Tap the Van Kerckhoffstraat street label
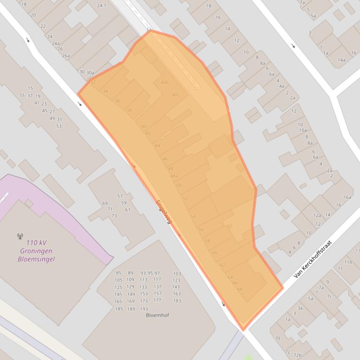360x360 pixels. coord(312,260)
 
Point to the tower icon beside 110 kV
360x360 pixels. coord(20,237)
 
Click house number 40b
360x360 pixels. coord(164,82)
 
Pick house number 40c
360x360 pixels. coord(176,95)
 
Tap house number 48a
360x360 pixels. coord(174,176)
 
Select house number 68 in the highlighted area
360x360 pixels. coord(240,289)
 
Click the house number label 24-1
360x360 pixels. coord(102,6)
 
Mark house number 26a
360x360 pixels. coord(66,56)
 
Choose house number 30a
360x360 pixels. coord(90,72)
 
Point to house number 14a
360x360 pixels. coord(342,60)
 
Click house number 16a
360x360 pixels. coord(347,197)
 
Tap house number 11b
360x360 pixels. coord(348,262)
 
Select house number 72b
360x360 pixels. coord(297,355)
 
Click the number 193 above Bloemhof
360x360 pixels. coord(144,309)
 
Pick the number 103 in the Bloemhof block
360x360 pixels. coord(177,274)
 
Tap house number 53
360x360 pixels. coord(59,126)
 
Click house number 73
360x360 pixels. coord(114,216)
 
